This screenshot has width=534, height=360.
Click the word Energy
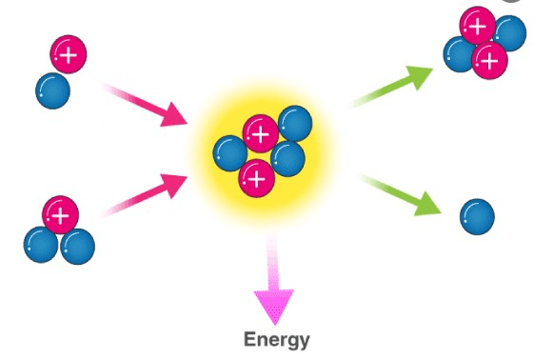[277, 340]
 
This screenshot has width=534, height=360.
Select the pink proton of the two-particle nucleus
[69, 54]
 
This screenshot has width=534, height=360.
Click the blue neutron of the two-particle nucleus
[52, 90]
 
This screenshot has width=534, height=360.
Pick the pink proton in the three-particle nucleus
[60, 214]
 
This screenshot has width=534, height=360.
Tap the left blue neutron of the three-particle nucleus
[41, 245]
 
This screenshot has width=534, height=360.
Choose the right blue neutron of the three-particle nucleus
[78, 247]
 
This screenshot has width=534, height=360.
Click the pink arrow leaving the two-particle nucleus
[145, 105]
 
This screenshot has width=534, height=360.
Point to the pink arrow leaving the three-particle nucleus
[145, 195]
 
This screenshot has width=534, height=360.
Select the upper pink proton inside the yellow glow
[261, 133]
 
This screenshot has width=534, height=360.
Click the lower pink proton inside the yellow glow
[257, 178]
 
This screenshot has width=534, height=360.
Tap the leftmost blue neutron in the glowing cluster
[230, 153]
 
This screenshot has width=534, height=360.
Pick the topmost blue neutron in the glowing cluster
[295, 123]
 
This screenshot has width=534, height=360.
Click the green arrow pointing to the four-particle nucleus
[391, 87]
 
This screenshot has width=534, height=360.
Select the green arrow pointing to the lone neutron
[399, 194]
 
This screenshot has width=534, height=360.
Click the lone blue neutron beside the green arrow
[477, 216]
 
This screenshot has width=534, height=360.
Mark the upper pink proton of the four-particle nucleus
[478, 25]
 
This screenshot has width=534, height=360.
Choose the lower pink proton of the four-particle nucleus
[489, 60]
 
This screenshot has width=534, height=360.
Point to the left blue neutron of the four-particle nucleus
[459, 54]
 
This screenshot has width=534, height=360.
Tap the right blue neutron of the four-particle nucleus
[510, 33]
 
